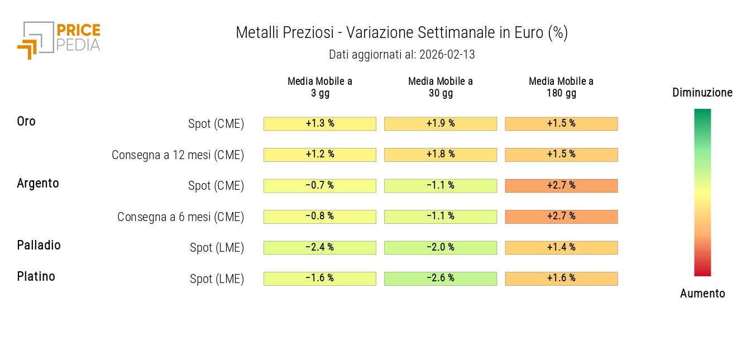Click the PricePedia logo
point(59,39)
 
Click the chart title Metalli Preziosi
point(401,33)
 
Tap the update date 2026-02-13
point(447,55)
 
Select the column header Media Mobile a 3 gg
point(320,87)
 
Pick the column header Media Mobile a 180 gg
point(561,87)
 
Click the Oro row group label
point(26,121)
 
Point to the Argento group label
point(38,183)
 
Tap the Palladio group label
point(39,245)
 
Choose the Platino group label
point(36,276)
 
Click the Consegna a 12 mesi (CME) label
point(178,155)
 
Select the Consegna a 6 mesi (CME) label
point(180,217)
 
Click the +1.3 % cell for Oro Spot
point(320,124)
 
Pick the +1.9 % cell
point(441,124)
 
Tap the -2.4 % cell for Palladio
point(320,247)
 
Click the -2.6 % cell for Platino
point(441,279)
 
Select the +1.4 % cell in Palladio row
point(561,247)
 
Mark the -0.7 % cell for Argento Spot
point(320,186)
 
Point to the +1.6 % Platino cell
point(561,279)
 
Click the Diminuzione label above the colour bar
point(702,93)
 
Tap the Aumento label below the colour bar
point(702,294)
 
